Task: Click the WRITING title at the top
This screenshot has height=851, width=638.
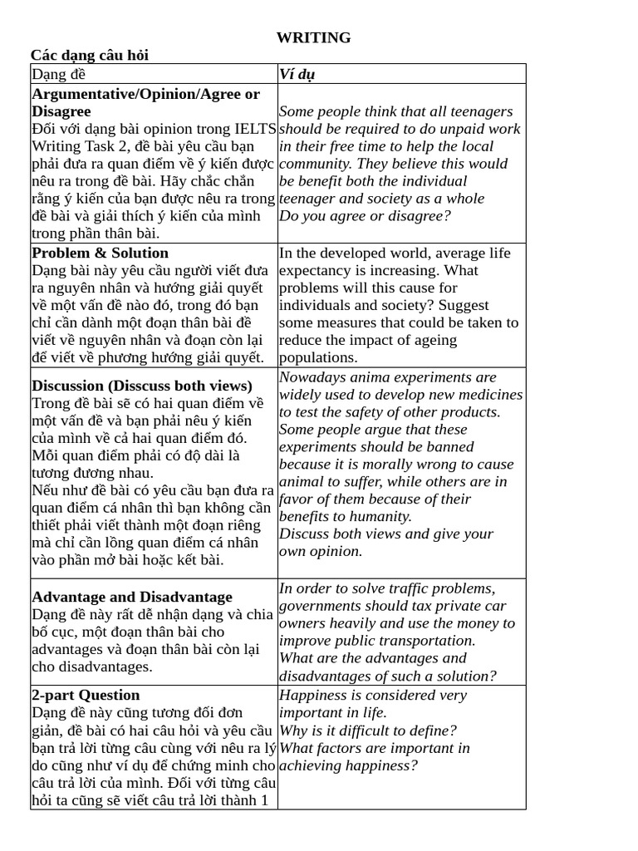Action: coord(313,37)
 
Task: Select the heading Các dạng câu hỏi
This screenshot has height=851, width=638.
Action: coord(90,55)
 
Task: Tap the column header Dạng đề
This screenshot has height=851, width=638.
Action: coord(59,74)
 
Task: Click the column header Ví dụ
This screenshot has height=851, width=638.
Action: coord(297,74)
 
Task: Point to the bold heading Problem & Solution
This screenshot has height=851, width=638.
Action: coord(100,253)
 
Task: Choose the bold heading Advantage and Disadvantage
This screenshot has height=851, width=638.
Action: coord(132,597)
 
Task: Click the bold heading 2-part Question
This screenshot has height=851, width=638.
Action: coord(86,695)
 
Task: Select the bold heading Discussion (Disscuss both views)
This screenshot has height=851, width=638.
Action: coord(142,386)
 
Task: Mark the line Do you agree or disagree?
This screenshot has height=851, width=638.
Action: coord(365,216)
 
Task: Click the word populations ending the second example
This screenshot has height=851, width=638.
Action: coord(318,357)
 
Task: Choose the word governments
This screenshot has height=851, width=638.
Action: coord(321,606)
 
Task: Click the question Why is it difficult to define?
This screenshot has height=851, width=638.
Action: coord(368,730)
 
